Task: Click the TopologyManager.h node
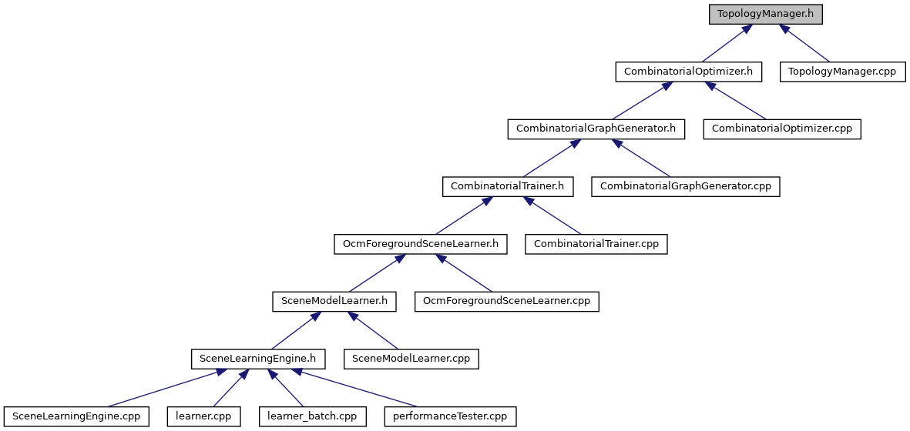tap(765, 13)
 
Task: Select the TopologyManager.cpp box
tap(843, 72)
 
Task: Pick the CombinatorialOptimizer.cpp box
tap(782, 129)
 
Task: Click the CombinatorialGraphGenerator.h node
tap(596, 129)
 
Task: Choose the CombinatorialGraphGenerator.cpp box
tap(686, 186)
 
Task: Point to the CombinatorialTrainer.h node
tap(508, 186)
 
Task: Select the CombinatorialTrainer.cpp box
tap(596, 244)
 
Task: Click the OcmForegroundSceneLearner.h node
tap(421, 244)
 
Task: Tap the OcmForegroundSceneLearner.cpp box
tap(507, 301)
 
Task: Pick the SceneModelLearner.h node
tap(334, 301)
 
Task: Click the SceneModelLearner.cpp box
tap(411, 359)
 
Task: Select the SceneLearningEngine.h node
tap(258, 359)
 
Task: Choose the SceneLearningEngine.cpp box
tap(76, 416)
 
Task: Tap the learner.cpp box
tap(203, 416)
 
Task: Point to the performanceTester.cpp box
tap(450, 416)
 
